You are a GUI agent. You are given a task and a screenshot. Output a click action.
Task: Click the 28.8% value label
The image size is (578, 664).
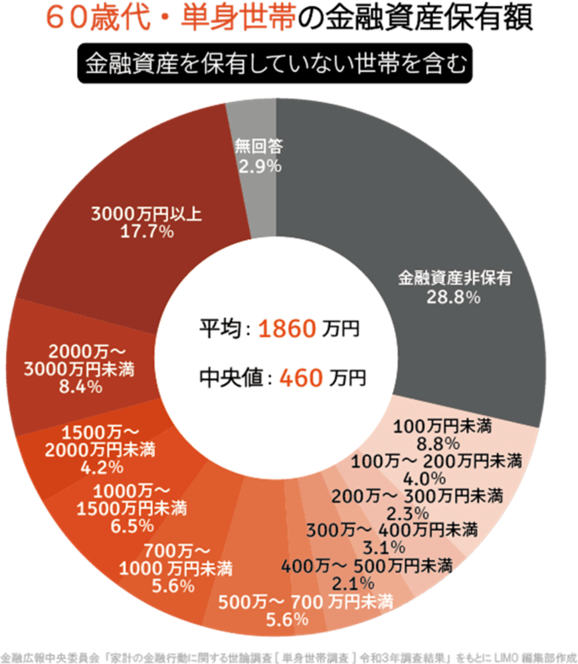click(x=454, y=297)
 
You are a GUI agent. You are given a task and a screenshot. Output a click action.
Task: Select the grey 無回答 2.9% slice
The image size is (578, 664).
click(x=256, y=192)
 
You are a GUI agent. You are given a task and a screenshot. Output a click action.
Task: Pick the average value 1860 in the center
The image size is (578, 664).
click(x=286, y=328)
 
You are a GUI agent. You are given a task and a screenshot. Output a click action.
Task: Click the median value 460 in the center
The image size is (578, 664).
click(x=301, y=378)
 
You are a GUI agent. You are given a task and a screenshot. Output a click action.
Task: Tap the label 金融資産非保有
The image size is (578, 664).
click(x=454, y=279)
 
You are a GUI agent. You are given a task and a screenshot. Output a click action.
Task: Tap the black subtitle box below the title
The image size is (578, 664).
click(x=274, y=65)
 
